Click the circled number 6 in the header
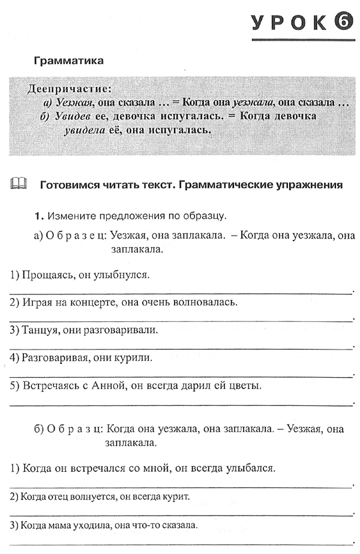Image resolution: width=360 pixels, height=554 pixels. (x=340, y=23)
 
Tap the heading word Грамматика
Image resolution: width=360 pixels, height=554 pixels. (x=69, y=61)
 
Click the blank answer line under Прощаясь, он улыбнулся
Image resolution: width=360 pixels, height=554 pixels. (x=180, y=292)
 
